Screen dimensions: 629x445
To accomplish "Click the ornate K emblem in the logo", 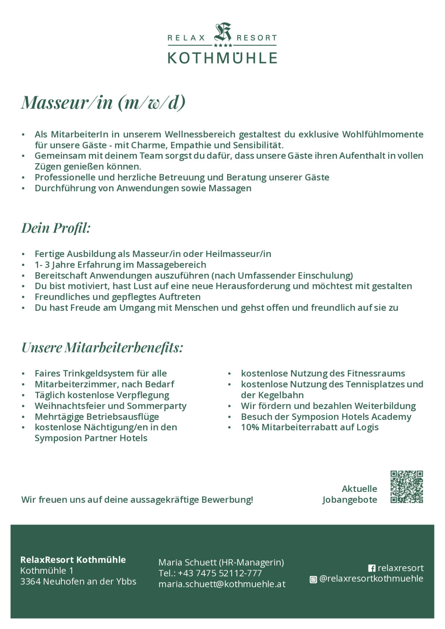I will (x=222, y=33).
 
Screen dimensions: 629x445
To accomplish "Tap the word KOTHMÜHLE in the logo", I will (x=222, y=58).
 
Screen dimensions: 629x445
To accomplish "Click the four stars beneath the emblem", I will (x=223, y=46).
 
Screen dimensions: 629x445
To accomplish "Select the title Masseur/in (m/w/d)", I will (x=103, y=102).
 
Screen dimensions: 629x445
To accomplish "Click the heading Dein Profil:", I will (x=56, y=228).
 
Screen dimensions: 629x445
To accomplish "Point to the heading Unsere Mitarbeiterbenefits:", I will (x=102, y=347).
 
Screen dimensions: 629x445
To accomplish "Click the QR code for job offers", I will (x=407, y=487).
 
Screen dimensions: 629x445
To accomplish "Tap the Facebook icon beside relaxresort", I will (x=372, y=568).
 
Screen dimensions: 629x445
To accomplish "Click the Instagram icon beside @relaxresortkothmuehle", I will (x=313, y=579).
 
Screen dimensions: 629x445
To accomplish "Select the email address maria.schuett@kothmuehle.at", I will (x=222, y=584).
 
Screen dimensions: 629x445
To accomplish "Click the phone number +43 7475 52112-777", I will (x=220, y=573).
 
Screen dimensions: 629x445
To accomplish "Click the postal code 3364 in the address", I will (x=30, y=581).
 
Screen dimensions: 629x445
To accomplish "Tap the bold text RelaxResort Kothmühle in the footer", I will (x=73, y=560).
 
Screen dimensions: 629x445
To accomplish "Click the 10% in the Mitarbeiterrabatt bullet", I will (x=250, y=427).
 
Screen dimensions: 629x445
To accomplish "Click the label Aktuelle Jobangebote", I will (x=350, y=494).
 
